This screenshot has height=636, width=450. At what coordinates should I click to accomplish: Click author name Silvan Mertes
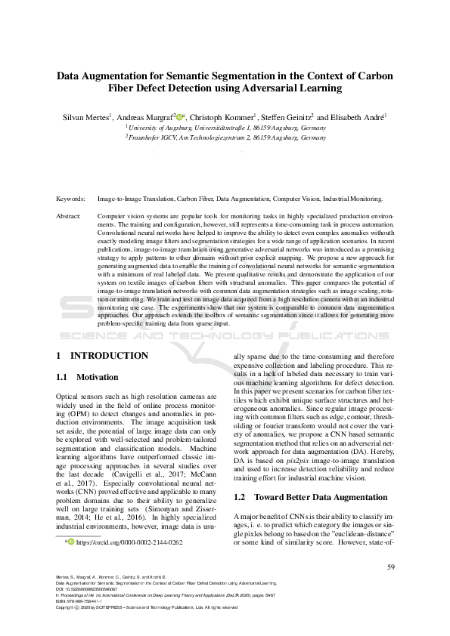tap(86, 117)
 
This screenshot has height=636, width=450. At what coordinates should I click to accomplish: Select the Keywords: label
tap(71, 198)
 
